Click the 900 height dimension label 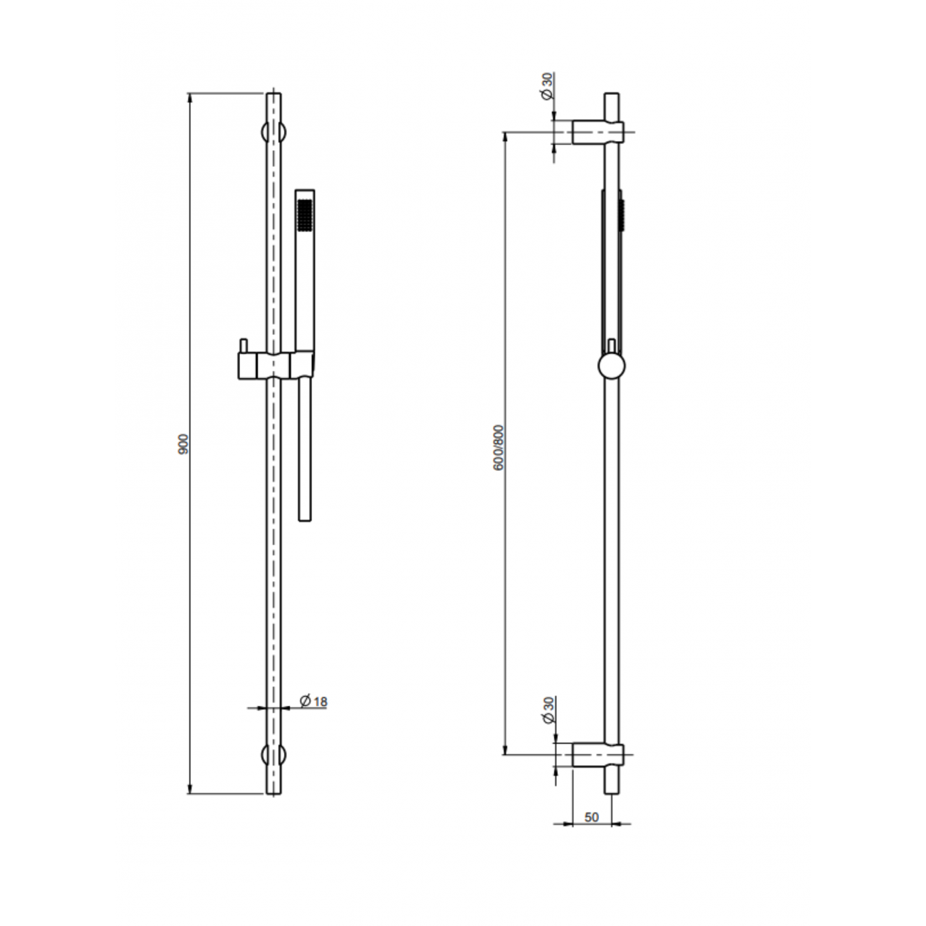tap(184, 444)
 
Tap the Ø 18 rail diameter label tap(313, 702)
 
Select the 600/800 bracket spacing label tap(499, 447)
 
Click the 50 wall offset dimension tap(591, 817)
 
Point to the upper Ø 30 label tap(547, 87)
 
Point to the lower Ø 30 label tap(547, 710)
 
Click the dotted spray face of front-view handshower tap(306, 215)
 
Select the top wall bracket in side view tap(597, 132)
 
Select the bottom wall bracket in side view tap(597, 755)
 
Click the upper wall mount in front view tap(274, 132)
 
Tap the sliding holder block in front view tap(274, 365)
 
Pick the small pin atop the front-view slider tap(243, 345)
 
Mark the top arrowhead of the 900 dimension tap(190, 98)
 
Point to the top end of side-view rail tap(612, 95)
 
